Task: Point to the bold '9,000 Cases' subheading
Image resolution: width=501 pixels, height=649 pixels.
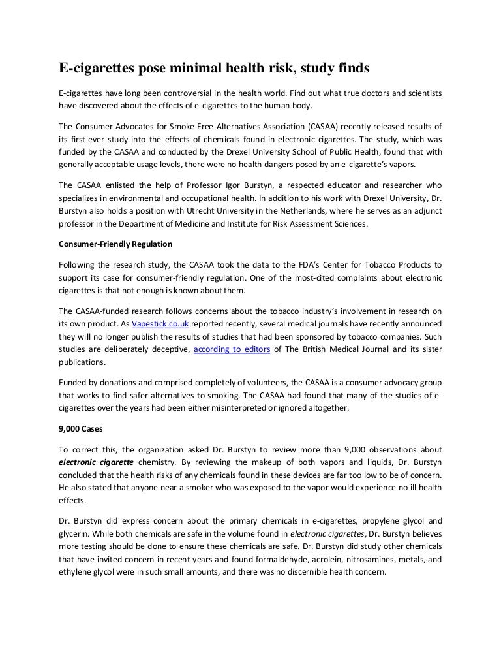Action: pyautogui.click(x=78, y=429)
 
